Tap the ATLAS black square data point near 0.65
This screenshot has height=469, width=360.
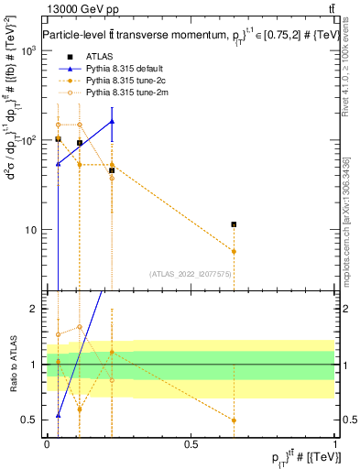(x=235, y=224)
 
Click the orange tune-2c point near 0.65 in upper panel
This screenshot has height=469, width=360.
(x=235, y=251)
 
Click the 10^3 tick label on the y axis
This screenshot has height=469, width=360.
(x=28, y=50)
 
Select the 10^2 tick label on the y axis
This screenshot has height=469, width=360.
(x=28, y=140)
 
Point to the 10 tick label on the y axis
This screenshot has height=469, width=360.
(x=31, y=230)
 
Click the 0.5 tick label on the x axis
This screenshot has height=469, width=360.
(x=191, y=443)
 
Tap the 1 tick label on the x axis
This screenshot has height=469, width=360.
(x=334, y=443)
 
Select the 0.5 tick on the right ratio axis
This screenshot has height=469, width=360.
(x=346, y=420)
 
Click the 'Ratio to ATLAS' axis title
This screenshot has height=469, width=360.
(x=11, y=364)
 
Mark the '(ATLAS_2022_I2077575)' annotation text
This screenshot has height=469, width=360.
(x=191, y=274)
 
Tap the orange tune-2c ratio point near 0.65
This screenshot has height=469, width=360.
(x=235, y=420)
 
